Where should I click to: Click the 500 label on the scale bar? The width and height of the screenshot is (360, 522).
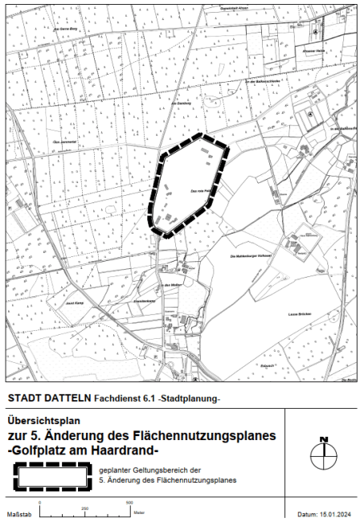129,503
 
